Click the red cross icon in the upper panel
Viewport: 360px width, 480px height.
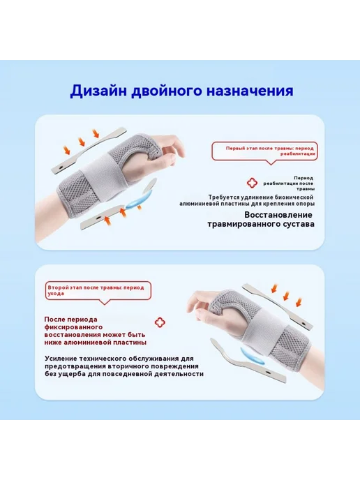253,183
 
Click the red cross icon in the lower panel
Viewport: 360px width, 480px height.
160,322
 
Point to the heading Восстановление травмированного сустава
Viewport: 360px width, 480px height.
261,219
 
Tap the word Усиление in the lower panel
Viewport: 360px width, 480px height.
61,359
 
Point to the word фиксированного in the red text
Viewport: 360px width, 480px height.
73,327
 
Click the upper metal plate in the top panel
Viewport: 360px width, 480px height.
89,150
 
